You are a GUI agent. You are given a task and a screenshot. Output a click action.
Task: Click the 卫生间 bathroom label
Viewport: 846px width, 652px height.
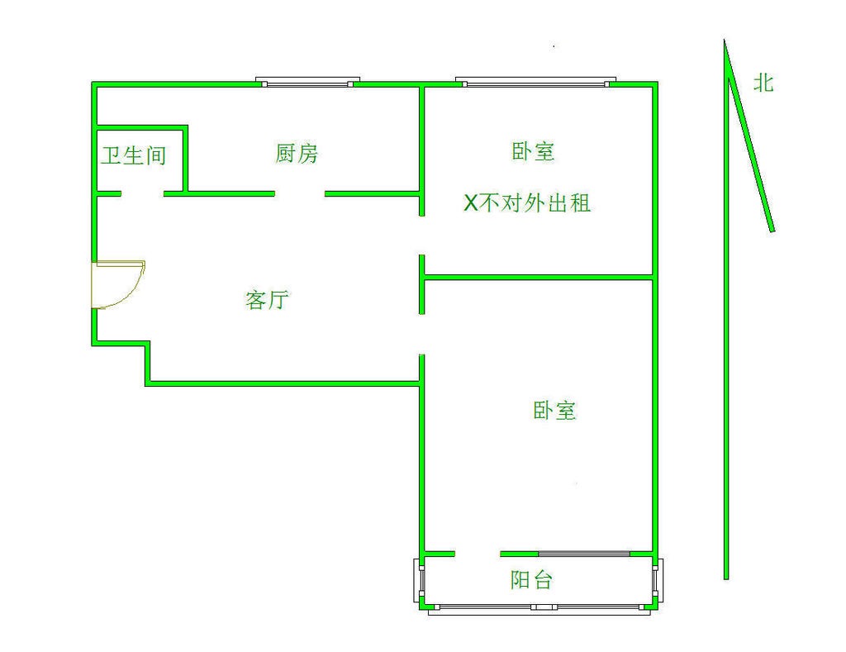pyautogui.click(x=133, y=156)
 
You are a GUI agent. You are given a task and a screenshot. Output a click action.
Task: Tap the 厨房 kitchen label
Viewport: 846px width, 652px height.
pyautogui.click(x=297, y=153)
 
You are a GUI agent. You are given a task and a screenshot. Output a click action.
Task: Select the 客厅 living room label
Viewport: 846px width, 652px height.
pyautogui.click(x=267, y=299)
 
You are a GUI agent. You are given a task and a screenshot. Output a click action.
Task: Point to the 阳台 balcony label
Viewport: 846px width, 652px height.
pyautogui.click(x=531, y=580)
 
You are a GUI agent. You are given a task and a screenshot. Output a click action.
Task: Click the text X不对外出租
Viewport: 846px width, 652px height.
pyautogui.click(x=527, y=203)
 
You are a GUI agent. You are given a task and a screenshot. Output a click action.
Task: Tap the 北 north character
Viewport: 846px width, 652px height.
pyautogui.click(x=763, y=83)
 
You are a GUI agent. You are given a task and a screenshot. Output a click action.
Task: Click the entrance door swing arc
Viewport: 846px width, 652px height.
pyautogui.click(x=119, y=285)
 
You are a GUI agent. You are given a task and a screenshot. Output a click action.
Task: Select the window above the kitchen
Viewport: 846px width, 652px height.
pyautogui.click(x=307, y=82)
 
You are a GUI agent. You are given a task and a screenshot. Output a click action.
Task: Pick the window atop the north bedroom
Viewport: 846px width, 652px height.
pyautogui.click(x=535, y=82)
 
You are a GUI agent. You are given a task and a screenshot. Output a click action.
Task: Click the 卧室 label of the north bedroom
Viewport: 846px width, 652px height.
pyautogui.click(x=533, y=151)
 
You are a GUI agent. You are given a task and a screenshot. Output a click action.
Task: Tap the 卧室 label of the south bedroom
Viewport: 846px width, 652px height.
pyautogui.click(x=554, y=411)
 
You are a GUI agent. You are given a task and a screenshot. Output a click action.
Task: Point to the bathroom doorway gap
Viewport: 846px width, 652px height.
pyautogui.click(x=142, y=193)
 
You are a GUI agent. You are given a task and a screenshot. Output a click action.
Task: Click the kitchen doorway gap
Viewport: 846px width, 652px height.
pyautogui.click(x=299, y=193)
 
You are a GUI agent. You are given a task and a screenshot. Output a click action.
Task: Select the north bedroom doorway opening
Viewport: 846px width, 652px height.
pyautogui.click(x=422, y=236)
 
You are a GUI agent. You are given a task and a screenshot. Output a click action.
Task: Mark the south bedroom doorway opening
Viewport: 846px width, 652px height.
pyautogui.click(x=422, y=334)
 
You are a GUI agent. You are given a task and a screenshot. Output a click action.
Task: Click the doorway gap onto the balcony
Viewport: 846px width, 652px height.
pyautogui.click(x=478, y=554)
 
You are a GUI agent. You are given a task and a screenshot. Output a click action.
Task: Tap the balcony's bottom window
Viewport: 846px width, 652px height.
pyautogui.click(x=539, y=608)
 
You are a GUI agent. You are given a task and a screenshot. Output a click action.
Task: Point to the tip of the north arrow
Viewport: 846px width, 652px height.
pyautogui.click(x=725, y=40)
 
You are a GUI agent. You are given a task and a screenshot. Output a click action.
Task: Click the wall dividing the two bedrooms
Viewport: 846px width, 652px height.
pyautogui.click(x=539, y=278)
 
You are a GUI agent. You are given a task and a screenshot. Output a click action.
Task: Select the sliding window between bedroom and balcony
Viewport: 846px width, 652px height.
pyautogui.click(x=584, y=554)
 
